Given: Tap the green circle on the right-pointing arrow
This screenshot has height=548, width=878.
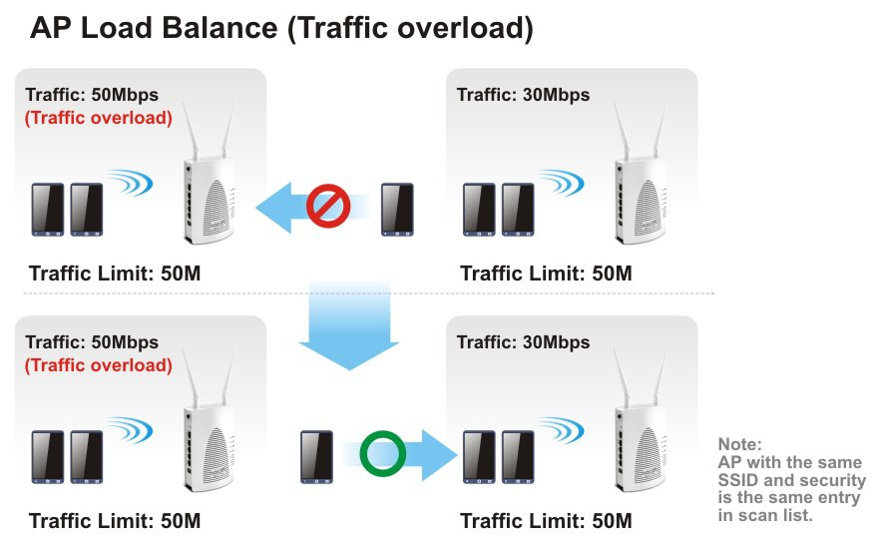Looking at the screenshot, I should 382,454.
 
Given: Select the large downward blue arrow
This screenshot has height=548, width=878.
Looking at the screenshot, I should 349,325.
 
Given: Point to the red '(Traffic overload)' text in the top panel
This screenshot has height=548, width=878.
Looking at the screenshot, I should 99,118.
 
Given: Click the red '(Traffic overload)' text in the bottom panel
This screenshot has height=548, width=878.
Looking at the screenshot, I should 99,365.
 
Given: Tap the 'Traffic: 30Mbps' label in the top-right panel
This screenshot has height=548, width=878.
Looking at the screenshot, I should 523,95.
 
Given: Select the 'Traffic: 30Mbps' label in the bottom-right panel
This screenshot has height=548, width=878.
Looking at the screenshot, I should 523,342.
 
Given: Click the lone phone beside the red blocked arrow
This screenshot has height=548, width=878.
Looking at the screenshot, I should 398,209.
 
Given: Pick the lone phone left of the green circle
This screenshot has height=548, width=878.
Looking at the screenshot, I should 316,456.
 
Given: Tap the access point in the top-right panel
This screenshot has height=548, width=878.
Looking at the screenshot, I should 639,180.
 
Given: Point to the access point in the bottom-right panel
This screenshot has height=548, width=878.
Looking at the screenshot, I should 639,429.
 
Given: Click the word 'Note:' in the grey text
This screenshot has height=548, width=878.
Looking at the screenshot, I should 739,443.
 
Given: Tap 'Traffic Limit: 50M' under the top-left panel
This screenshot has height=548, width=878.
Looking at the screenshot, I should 115,273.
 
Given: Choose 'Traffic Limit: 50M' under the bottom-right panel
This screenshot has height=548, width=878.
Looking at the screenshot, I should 546,521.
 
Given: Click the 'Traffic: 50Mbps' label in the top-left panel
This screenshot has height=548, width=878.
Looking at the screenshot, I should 92,95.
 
